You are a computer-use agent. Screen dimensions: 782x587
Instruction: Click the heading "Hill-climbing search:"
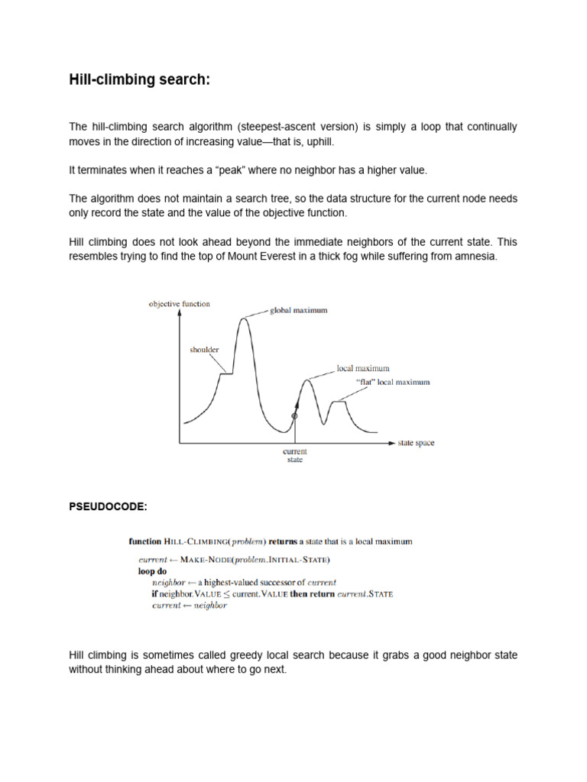138,80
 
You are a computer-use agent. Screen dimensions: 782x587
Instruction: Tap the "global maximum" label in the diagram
299,311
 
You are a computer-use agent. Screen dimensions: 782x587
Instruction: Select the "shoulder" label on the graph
204,350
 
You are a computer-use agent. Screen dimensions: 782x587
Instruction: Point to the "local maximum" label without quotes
363,368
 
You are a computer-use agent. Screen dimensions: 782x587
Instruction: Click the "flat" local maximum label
393,382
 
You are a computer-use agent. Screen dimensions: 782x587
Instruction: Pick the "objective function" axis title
179,304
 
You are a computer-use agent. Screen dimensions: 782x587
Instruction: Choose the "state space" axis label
416,443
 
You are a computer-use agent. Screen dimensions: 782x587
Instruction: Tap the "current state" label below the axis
294,456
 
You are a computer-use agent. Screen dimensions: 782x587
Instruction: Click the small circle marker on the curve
294,415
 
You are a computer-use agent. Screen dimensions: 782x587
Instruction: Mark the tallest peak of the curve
244,318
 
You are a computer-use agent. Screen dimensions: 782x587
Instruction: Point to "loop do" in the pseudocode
152,571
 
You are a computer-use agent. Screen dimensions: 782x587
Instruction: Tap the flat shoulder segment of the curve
226,373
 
